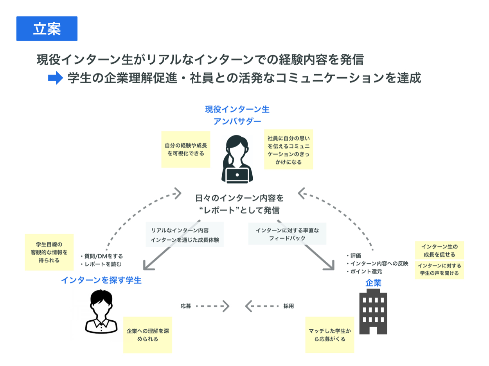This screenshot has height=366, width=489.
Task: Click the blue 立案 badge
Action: point(47,29)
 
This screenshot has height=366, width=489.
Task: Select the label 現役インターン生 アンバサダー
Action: point(237,115)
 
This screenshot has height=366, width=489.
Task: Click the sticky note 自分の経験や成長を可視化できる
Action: point(186,149)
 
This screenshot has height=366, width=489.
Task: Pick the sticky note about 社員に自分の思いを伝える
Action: point(288,150)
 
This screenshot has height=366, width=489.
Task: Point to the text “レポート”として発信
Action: point(239,210)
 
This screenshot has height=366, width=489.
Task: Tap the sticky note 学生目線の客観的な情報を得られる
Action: point(49,252)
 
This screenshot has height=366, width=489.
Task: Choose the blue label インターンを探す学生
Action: point(101,280)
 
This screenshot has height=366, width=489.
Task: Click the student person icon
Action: point(101,311)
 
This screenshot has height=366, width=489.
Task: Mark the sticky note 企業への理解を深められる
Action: point(148,335)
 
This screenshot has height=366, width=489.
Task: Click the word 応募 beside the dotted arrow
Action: point(186,306)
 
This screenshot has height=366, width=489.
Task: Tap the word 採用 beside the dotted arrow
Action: point(288,306)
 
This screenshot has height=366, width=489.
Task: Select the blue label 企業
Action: point(373,283)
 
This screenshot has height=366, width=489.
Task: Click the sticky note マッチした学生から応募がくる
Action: point(330,335)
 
